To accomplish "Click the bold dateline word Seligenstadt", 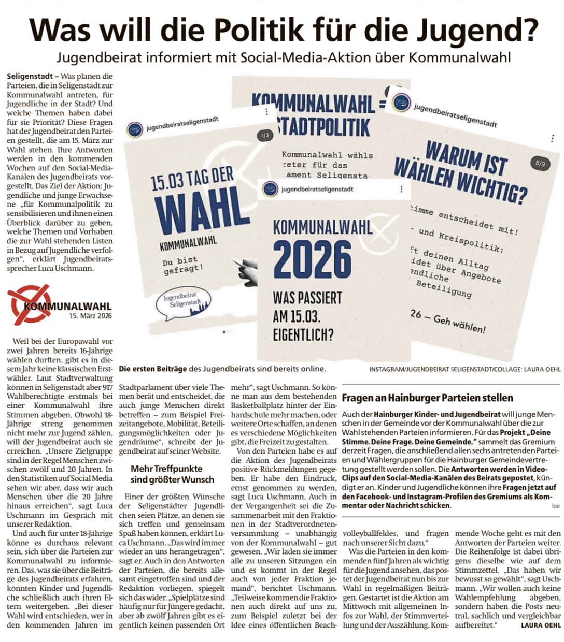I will pos(29,76).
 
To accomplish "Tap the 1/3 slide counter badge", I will pos(265,136).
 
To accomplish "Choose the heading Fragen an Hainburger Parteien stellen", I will pos(428,398).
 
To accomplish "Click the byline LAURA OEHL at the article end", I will pos(541,625).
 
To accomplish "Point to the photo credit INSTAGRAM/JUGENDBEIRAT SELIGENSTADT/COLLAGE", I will pos(464,369).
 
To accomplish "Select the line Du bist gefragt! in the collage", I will pos(182,265).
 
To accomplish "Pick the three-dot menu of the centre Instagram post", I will pos(401,189).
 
